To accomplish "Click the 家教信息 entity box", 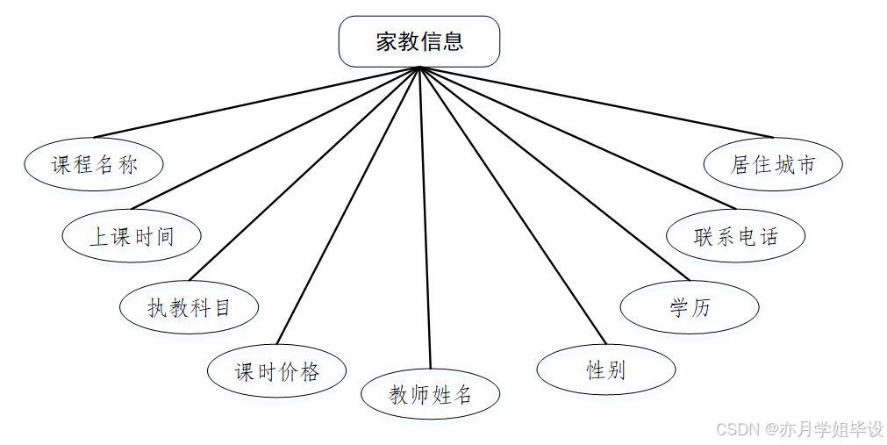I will click(x=419, y=41).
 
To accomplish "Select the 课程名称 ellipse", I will click(x=94, y=164).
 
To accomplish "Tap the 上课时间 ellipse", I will click(x=132, y=235).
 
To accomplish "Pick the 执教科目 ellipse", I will click(x=189, y=307).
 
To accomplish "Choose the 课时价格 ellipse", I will click(x=276, y=371).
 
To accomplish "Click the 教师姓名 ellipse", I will click(x=431, y=394).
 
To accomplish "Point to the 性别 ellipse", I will click(x=605, y=370).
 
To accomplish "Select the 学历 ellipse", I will click(x=689, y=307).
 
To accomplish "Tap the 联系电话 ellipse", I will click(x=735, y=235).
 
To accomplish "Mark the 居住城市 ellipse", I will click(x=773, y=164).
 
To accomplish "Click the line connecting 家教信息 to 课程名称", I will click(x=256, y=102).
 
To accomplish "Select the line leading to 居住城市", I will click(x=597, y=102).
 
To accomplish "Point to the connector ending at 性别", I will click(x=513, y=205).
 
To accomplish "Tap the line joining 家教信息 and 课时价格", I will click(x=348, y=205).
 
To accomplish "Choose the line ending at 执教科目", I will click(x=304, y=173).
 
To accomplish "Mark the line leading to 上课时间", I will click(x=275, y=139).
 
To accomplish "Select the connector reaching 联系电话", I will click(x=579, y=138).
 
